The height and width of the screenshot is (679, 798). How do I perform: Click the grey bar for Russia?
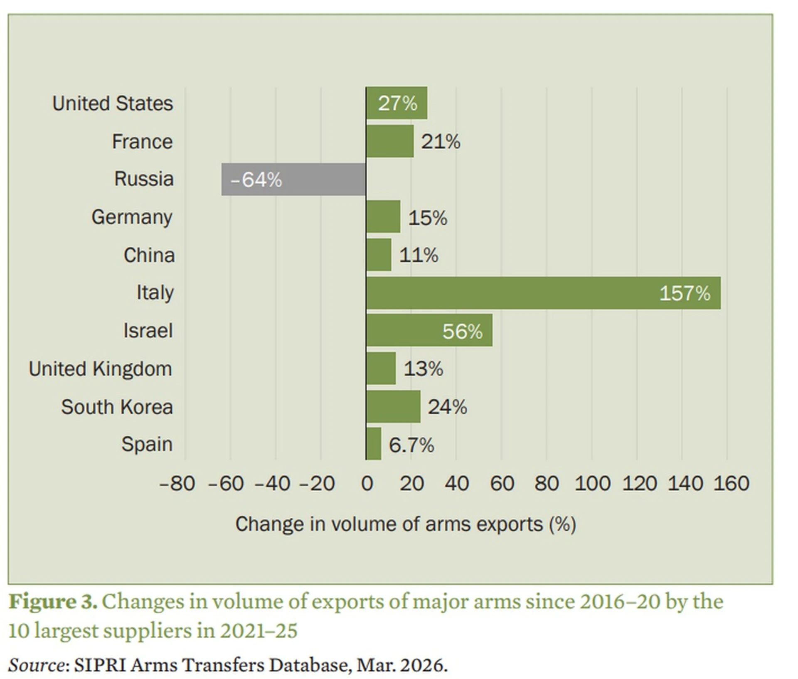click(293, 179)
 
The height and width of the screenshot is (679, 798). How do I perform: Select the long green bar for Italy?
click(543, 293)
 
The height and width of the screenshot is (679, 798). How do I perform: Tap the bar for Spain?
click(374, 444)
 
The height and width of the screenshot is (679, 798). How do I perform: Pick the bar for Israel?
click(429, 330)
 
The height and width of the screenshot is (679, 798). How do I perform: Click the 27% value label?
click(397, 103)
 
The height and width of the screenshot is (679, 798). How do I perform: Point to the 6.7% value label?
click(411, 445)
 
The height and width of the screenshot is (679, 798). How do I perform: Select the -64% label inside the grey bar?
click(256, 180)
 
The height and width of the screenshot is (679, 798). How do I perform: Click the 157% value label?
click(685, 293)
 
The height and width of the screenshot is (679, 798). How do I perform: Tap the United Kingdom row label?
click(100, 369)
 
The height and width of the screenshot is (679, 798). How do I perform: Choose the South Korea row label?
click(117, 407)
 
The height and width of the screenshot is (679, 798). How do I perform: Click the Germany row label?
click(132, 217)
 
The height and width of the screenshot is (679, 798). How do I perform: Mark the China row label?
click(149, 255)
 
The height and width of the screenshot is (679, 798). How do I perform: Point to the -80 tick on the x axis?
click(177, 484)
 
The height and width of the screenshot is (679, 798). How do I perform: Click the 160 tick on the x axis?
click(731, 484)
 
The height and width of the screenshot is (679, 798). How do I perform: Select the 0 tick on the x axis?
click(367, 484)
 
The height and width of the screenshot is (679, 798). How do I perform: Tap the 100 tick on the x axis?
click(592, 484)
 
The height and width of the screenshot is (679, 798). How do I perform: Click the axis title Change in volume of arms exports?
click(405, 524)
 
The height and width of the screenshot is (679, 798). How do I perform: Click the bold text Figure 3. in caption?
click(53, 602)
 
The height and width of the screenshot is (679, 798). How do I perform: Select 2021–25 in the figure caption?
click(259, 631)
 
